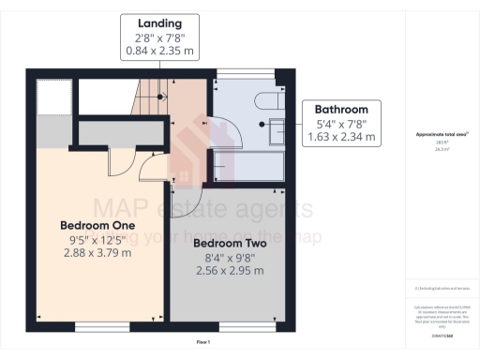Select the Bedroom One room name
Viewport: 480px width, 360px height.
click(x=97, y=226)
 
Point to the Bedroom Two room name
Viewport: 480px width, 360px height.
click(x=229, y=243)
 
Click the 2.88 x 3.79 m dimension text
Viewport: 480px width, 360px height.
click(x=97, y=253)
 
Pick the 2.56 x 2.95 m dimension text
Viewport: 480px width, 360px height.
click(x=229, y=270)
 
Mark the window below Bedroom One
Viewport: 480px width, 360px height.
click(x=97, y=327)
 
